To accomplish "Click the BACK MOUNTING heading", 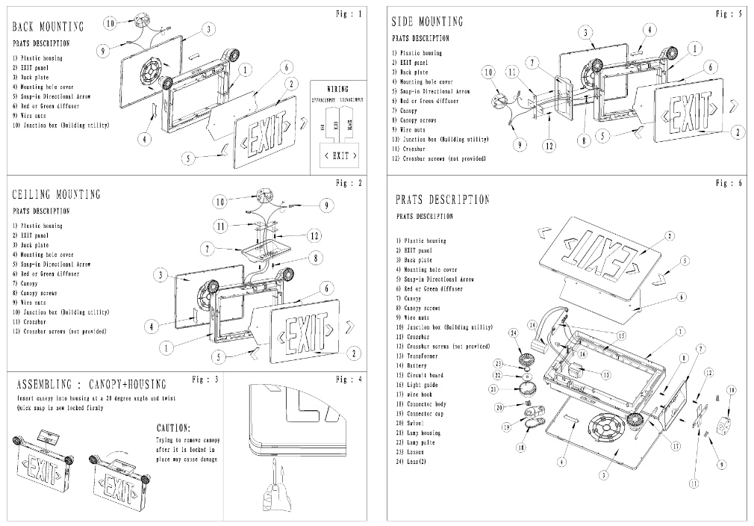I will click(x=48, y=27).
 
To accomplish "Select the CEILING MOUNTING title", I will click(x=56, y=195).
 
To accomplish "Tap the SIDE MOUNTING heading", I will click(x=427, y=22).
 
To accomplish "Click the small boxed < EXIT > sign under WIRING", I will click(x=340, y=155).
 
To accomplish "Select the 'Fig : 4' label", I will click(x=349, y=380).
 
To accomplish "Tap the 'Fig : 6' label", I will click(x=728, y=183).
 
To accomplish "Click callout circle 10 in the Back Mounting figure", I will click(x=110, y=23).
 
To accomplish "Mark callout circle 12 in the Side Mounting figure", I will click(x=549, y=146).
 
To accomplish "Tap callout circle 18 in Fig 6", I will click(x=520, y=447).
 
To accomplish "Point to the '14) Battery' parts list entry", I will click(x=417, y=366).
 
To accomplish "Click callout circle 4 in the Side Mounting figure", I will click(x=650, y=30).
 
